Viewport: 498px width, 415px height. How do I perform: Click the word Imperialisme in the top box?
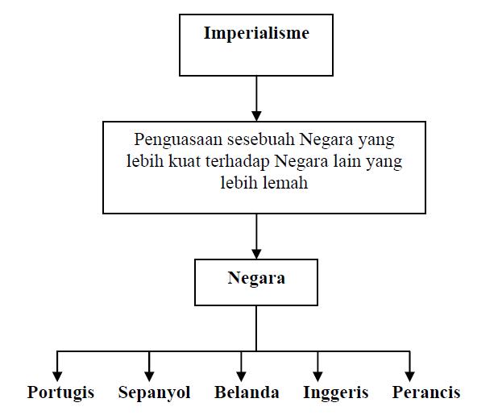256,34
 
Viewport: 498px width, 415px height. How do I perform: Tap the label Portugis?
60,392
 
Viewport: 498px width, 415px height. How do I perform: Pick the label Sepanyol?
154,392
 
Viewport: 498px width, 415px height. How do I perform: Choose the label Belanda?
247,392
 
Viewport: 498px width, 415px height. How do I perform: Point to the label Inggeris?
335,392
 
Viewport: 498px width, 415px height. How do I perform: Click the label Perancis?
426,392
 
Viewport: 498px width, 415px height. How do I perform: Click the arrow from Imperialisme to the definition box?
256,97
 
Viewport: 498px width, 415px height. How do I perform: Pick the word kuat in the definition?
208,161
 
